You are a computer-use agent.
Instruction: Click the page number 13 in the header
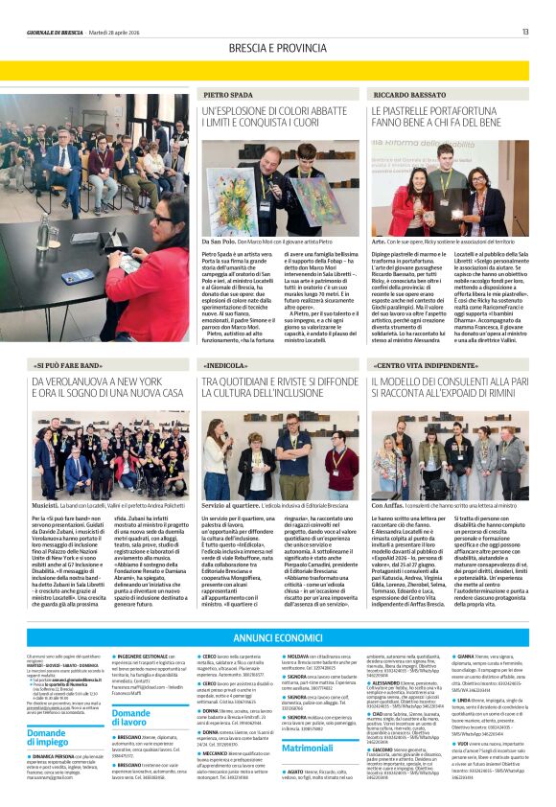click(525, 32)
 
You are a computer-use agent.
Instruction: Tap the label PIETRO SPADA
click(227, 95)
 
